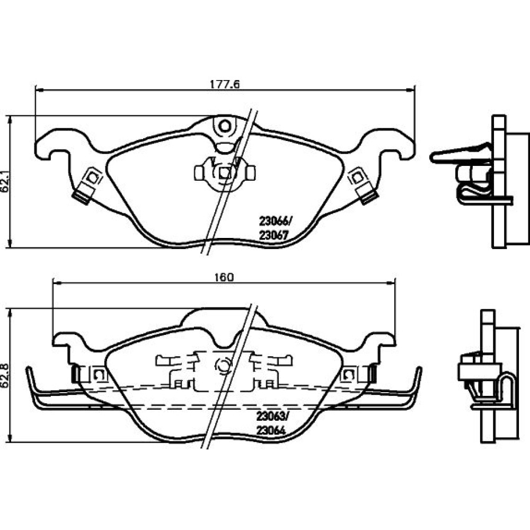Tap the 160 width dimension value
[x=224, y=277]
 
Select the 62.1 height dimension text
[x=5, y=182]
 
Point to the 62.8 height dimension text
[x=5, y=375]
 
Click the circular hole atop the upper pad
[x=225, y=126]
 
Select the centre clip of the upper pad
[x=225, y=172]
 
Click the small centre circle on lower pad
[x=223, y=366]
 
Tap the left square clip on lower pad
[x=99, y=375]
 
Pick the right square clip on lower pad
[x=349, y=375]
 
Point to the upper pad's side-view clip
[x=461, y=155]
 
